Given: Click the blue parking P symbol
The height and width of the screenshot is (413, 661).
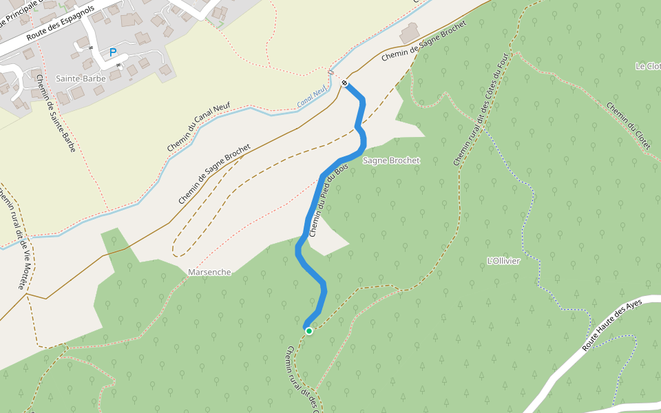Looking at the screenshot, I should [113, 52].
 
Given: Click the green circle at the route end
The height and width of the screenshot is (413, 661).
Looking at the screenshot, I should [309, 331].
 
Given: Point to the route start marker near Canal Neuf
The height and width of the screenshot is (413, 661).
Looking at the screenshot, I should [344, 83].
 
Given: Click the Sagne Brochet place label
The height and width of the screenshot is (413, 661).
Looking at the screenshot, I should [391, 160].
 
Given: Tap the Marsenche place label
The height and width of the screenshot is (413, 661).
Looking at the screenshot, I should [209, 272].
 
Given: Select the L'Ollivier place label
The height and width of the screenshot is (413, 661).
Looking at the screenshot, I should [503, 261].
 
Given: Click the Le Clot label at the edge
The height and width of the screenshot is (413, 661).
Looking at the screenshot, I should [648, 66].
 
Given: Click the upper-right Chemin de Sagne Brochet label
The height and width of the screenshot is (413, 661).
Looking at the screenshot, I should [423, 41].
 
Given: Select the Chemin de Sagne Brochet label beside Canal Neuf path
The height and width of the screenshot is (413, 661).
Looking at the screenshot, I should [213, 174].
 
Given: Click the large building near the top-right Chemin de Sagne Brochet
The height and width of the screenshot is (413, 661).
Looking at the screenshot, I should [410, 32].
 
